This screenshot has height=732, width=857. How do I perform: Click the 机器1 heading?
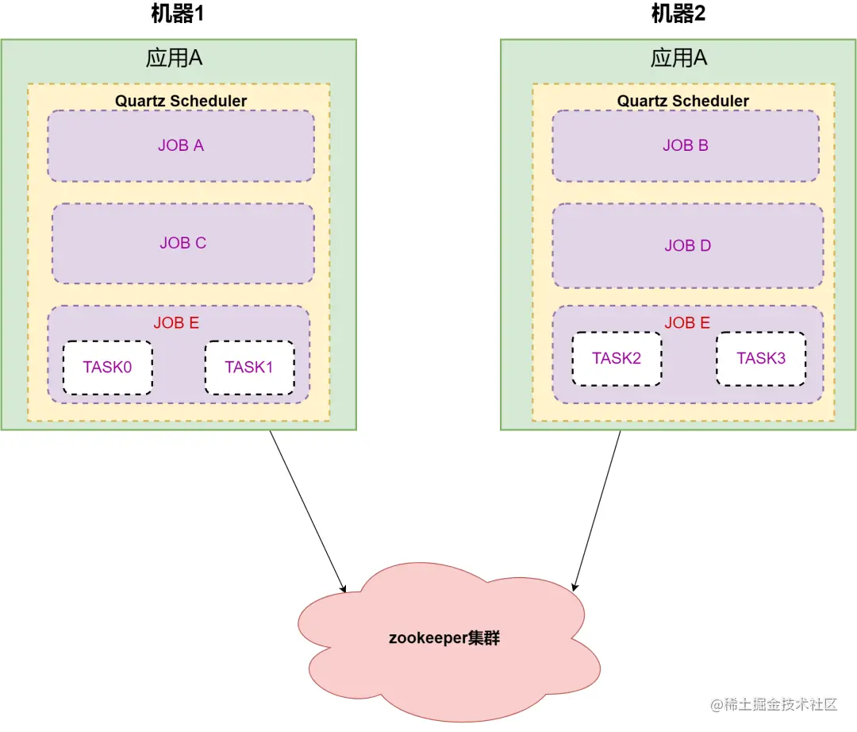183,13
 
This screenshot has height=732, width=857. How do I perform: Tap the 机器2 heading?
678,13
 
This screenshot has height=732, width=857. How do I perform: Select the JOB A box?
181,146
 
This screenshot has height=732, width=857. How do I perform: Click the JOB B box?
686,146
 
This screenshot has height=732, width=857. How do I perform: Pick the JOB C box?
183,243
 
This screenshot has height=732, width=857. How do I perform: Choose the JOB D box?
687,245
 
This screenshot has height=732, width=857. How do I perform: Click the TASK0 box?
108,368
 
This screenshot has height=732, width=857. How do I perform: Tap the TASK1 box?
249,368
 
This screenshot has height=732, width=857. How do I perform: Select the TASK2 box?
617,358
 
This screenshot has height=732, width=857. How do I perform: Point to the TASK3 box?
761,358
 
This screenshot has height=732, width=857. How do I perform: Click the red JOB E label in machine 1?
176,323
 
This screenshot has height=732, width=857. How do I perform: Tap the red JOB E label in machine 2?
687,323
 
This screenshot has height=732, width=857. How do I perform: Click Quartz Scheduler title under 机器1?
181,101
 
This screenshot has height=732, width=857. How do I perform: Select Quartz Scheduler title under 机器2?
683,101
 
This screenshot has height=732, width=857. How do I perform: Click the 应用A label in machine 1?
175,59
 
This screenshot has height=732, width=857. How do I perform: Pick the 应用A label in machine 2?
678,59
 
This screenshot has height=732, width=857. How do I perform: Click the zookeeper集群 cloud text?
444,638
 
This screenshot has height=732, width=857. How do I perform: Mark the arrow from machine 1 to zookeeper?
308,510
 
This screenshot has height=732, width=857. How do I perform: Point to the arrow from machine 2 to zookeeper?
597,510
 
